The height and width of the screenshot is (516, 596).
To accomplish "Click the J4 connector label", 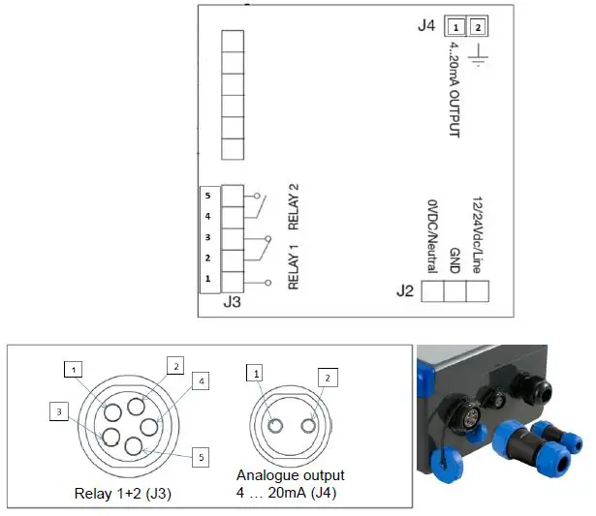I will pos(425,26).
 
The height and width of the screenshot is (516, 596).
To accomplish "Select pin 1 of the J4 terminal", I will pos(455,26).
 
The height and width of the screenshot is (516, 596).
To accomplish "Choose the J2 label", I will pos(405,290).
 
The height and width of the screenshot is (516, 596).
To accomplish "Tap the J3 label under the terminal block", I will pos(233,303).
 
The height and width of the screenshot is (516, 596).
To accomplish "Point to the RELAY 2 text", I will pos(292,214).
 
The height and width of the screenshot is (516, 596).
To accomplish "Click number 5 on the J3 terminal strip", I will pos(207,195).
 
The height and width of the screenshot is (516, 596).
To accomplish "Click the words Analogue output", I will pos(291,475).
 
